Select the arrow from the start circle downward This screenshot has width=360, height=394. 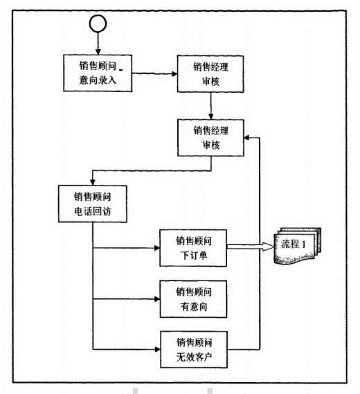(x=98, y=43)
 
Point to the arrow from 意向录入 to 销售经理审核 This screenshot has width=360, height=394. (x=154, y=73)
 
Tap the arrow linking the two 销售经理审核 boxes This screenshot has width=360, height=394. (x=211, y=106)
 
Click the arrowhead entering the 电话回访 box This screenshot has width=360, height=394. (x=93, y=182)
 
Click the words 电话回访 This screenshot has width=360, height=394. (x=93, y=211)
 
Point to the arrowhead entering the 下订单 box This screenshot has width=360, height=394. (x=157, y=248)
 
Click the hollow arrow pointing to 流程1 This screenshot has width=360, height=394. (x=250, y=247)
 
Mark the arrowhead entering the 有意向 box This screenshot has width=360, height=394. (x=157, y=299)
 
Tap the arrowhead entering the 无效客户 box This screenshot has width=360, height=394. (x=158, y=349)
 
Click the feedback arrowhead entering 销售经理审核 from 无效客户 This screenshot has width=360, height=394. (x=247, y=138)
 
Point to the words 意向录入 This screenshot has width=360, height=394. (x=98, y=80)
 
